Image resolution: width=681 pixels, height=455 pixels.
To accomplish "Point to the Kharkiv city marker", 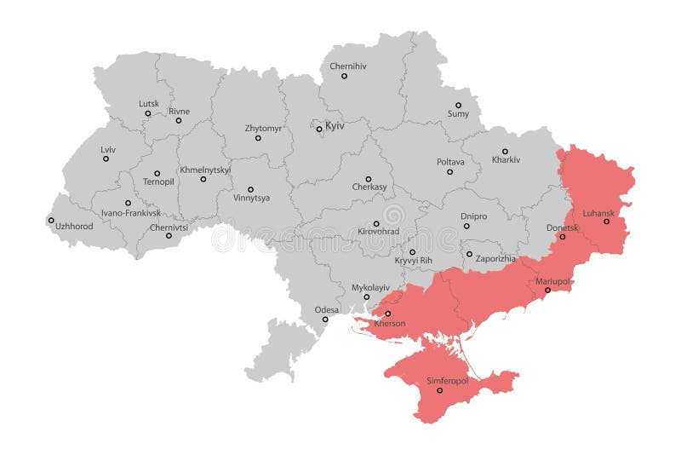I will (505, 151).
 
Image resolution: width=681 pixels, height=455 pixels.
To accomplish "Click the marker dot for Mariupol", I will (547, 291).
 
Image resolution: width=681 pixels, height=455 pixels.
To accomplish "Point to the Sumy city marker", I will (458, 105).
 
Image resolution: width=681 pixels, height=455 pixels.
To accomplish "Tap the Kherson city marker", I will (388, 314).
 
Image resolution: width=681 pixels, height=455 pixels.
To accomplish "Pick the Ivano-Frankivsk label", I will (130, 213).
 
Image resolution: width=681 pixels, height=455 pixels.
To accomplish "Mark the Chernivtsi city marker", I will (169, 236).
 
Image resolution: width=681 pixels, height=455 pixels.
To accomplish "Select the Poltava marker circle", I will (450, 172).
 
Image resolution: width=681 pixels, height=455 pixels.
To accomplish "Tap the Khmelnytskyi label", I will (205, 170).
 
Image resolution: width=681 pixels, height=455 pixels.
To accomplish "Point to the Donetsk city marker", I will (563, 237).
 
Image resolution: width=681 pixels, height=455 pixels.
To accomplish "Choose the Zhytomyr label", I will (263, 129).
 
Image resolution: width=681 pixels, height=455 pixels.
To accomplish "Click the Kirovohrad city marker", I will (376, 224).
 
